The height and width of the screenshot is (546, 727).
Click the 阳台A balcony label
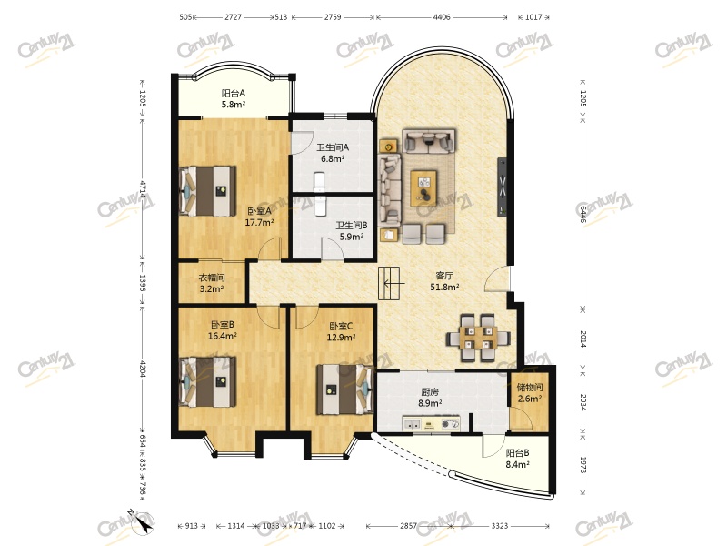click(x=234, y=93)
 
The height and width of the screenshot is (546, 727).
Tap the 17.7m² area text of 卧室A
click(x=259, y=222)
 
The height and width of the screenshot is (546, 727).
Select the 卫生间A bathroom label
click(x=333, y=147)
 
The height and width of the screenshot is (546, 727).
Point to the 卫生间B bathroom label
click(x=352, y=225)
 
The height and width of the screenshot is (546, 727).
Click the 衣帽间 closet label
click(x=212, y=278)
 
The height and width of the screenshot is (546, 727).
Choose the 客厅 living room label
click(x=444, y=276)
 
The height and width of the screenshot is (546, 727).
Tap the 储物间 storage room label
click(x=530, y=388)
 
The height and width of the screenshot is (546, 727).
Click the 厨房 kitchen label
click(x=430, y=392)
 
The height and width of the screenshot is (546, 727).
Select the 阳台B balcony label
click(x=517, y=452)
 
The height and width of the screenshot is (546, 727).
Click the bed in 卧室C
click(x=345, y=389)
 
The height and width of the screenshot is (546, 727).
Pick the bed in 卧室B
click(x=207, y=380)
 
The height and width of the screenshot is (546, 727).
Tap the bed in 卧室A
click(x=207, y=191)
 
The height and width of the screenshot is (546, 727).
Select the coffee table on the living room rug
click(x=423, y=188)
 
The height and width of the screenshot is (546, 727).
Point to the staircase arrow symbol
click(x=394, y=283)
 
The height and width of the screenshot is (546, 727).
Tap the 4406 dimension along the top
click(x=442, y=17)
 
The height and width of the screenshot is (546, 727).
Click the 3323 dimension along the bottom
click(x=499, y=526)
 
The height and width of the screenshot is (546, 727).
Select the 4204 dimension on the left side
click(x=143, y=369)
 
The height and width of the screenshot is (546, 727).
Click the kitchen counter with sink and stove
click(x=432, y=423)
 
